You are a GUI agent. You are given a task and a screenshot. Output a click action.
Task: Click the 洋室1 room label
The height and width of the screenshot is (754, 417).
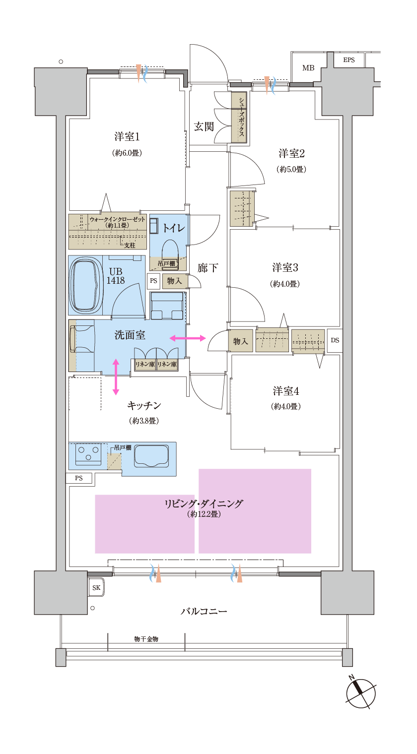[127, 137]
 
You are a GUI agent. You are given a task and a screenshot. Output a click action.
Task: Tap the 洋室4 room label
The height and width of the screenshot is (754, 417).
[286, 391]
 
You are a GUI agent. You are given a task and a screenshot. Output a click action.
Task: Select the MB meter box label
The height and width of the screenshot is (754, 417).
[308, 68]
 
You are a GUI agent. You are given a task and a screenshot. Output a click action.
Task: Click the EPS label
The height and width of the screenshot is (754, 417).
[349, 60]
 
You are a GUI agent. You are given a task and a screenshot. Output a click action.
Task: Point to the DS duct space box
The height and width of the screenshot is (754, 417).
[335, 340]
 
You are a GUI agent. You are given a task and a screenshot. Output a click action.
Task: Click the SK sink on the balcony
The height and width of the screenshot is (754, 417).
[96, 587]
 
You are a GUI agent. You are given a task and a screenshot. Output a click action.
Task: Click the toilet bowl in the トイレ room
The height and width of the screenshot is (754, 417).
[170, 250]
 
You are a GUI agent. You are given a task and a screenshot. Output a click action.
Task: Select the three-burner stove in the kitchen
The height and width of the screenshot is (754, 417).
[88, 453]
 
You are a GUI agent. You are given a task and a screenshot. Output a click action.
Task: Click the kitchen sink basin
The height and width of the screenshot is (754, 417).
[151, 456]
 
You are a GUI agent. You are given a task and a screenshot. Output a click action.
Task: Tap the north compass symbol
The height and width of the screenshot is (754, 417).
[360, 692]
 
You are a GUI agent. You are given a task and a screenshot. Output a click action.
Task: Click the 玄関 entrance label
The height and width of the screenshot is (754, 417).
[204, 126]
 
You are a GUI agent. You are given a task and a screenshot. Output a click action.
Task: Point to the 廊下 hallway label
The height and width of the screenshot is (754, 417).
[208, 268]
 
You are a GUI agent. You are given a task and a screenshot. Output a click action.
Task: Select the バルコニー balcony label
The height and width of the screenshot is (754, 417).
[204, 611]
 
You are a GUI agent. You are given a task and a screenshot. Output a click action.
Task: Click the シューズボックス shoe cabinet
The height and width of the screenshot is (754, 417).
[239, 117]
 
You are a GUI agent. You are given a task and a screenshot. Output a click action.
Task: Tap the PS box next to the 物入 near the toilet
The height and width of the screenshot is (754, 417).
[153, 280]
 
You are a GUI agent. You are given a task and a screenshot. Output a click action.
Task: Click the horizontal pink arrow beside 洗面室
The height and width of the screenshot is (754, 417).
[187, 338]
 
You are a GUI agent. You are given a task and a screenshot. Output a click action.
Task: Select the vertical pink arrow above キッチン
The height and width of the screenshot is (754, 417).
[116, 377]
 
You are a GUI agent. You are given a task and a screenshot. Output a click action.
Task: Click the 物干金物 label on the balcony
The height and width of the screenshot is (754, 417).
[146, 639]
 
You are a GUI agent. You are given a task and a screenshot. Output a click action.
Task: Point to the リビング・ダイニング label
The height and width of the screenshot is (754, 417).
[204, 503]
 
